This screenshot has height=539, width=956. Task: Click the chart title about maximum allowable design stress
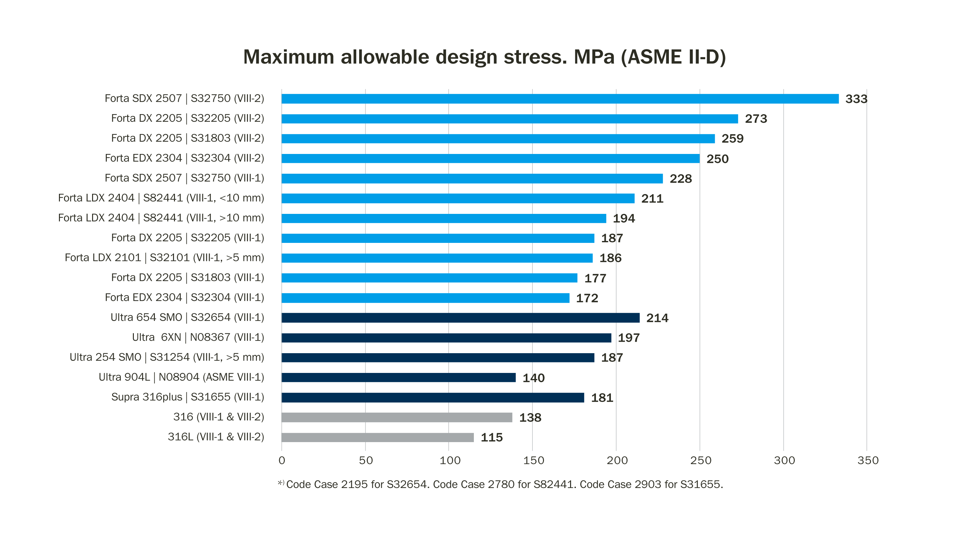(484, 57)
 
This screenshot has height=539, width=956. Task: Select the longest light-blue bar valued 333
(560, 99)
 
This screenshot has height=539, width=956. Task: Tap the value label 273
(756, 119)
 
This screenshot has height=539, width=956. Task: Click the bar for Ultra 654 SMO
(460, 318)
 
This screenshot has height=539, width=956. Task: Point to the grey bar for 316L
(377, 437)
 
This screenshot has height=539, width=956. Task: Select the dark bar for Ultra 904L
(398, 377)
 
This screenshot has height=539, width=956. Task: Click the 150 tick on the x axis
(533, 461)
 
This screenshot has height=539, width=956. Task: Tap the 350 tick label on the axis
(868, 461)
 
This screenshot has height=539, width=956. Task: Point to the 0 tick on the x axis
(282, 461)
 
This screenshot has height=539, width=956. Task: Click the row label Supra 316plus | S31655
(187, 397)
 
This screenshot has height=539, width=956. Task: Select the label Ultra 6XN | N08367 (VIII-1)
(198, 338)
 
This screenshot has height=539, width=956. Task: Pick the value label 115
(491, 438)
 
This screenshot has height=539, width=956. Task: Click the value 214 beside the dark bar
(657, 318)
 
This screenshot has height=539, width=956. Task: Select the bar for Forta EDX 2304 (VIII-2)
(490, 158)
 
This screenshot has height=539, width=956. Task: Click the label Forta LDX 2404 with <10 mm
(161, 198)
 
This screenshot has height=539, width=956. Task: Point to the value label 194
(624, 219)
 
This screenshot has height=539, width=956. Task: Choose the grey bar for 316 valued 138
(397, 418)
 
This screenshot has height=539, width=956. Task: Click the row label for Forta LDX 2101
(164, 258)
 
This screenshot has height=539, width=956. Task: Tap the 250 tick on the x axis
(700, 461)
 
